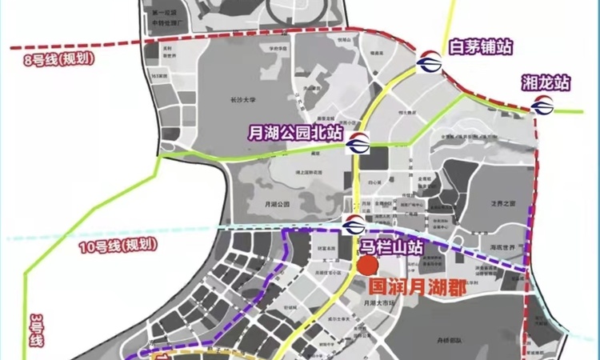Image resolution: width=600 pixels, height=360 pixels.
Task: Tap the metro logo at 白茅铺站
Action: [428, 59]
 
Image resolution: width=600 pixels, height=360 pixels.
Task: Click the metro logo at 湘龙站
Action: [542, 103]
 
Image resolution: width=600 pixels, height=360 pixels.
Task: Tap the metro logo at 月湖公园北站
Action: [358, 144]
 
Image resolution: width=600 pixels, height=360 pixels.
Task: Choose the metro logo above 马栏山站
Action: [353, 225]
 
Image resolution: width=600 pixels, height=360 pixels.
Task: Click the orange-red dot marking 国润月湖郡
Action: [367, 266]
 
